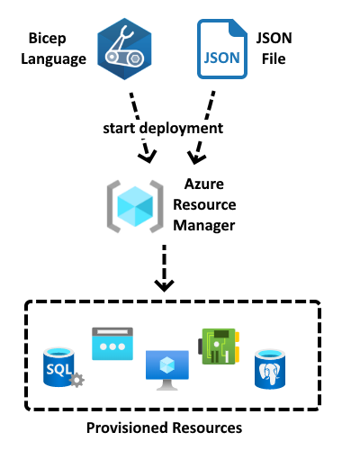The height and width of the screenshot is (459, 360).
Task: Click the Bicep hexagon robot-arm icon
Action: (x=124, y=49)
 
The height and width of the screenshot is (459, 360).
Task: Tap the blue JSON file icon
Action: (x=222, y=49)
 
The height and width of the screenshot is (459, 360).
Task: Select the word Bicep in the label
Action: (x=48, y=39)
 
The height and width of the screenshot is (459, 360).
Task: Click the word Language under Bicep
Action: (x=54, y=59)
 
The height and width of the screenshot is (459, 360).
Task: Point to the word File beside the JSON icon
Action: (x=274, y=58)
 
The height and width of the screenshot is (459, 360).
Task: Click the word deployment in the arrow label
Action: (x=182, y=129)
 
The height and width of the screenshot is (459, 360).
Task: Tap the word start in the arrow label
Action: (x=119, y=129)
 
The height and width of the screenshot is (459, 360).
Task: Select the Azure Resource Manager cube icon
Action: (x=135, y=206)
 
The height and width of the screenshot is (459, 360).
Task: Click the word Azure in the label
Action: (x=204, y=184)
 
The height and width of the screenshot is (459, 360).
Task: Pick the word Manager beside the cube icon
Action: (x=204, y=226)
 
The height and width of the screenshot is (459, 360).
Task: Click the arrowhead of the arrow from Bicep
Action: (x=148, y=157)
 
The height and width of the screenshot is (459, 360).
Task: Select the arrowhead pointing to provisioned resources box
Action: (x=164, y=285)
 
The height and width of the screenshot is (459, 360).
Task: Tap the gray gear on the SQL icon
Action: (x=76, y=380)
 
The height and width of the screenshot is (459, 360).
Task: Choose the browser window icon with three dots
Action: (x=112, y=344)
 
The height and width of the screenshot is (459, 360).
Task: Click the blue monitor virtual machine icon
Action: (x=167, y=370)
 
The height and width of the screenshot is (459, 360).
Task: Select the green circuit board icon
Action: (x=219, y=346)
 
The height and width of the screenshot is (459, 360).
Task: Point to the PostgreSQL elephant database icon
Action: (x=270, y=369)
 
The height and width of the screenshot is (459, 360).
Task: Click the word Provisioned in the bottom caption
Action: (x=128, y=427)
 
